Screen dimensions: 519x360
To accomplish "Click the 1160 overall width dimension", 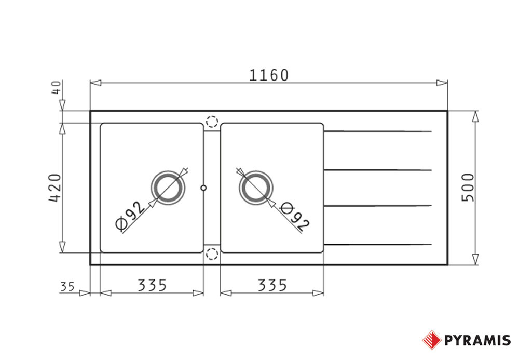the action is pos(268,75).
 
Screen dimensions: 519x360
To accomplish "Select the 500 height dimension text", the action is pos(468,188).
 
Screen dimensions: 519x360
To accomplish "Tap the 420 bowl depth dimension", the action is pos(55,188).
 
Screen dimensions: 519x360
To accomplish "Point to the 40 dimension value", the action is pos(57,87).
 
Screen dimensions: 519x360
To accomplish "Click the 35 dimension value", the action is pos(67,286).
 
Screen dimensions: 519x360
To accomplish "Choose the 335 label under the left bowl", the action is pos(152,285).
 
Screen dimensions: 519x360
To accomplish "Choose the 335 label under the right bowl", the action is pos(272,285).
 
